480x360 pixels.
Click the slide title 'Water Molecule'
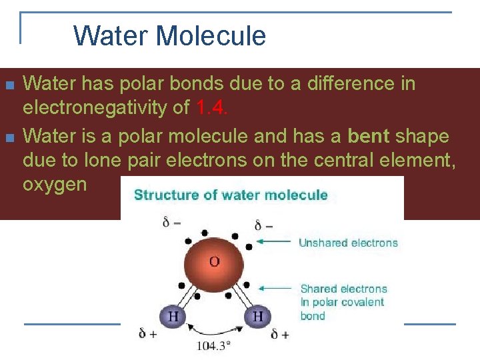point(169,35)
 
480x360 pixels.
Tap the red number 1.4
point(212,107)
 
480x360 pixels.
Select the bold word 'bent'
point(369,136)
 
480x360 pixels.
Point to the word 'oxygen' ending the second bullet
point(55,185)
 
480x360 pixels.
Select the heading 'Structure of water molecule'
point(231,195)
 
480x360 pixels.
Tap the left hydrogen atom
point(173,316)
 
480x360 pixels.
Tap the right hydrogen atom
point(257,316)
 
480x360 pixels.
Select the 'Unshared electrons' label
point(348,243)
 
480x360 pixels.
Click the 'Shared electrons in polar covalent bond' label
point(343,302)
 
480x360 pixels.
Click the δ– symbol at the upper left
point(171,222)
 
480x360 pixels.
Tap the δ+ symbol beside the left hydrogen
point(147,333)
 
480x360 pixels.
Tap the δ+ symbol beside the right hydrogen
point(280,333)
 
